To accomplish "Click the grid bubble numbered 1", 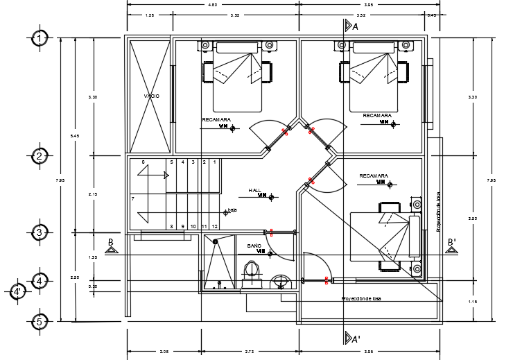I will click(40, 38).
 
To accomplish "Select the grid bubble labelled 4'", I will click(18, 291).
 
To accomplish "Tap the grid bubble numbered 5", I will click(40, 322).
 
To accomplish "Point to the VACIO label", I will click(151, 96).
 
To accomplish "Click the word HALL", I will click(254, 190).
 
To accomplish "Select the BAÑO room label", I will click(254, 246).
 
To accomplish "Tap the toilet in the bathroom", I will click(252, 271).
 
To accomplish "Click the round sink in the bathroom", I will click(280, 282).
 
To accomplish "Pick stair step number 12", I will click(215, 226).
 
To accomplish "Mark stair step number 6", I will click(143, 162).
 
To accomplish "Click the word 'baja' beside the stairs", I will click(232, 210).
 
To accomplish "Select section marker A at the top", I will click(355, 26).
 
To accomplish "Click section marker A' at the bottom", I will click(355, 339).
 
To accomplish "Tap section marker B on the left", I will click(110, 242).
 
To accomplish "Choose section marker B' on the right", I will click(451, 242).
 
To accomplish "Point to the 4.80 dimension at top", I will click(213, 5).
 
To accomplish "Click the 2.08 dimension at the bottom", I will click(164, 352).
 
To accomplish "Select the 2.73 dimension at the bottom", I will click(249, 352).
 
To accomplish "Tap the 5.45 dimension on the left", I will click(75, 136).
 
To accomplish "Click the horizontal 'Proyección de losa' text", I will click(360, 299).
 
